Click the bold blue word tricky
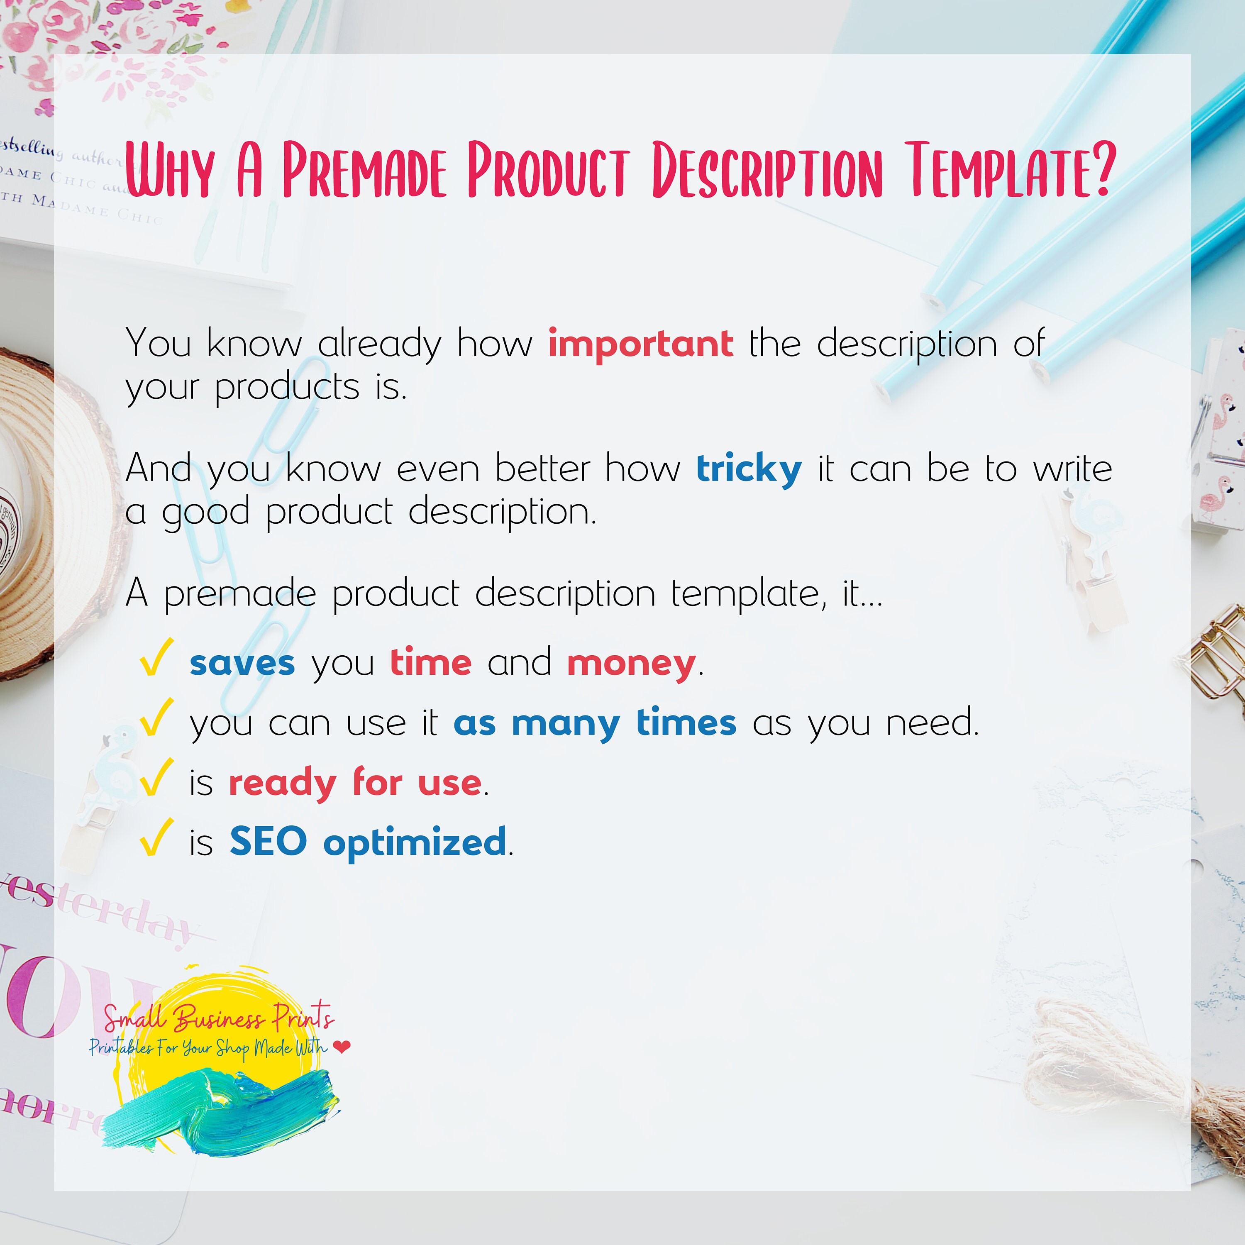(749, 469)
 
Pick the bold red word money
(631, 664)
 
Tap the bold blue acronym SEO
(268, 842)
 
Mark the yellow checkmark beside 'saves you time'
(155, 657)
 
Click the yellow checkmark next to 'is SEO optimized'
(155, 837)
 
